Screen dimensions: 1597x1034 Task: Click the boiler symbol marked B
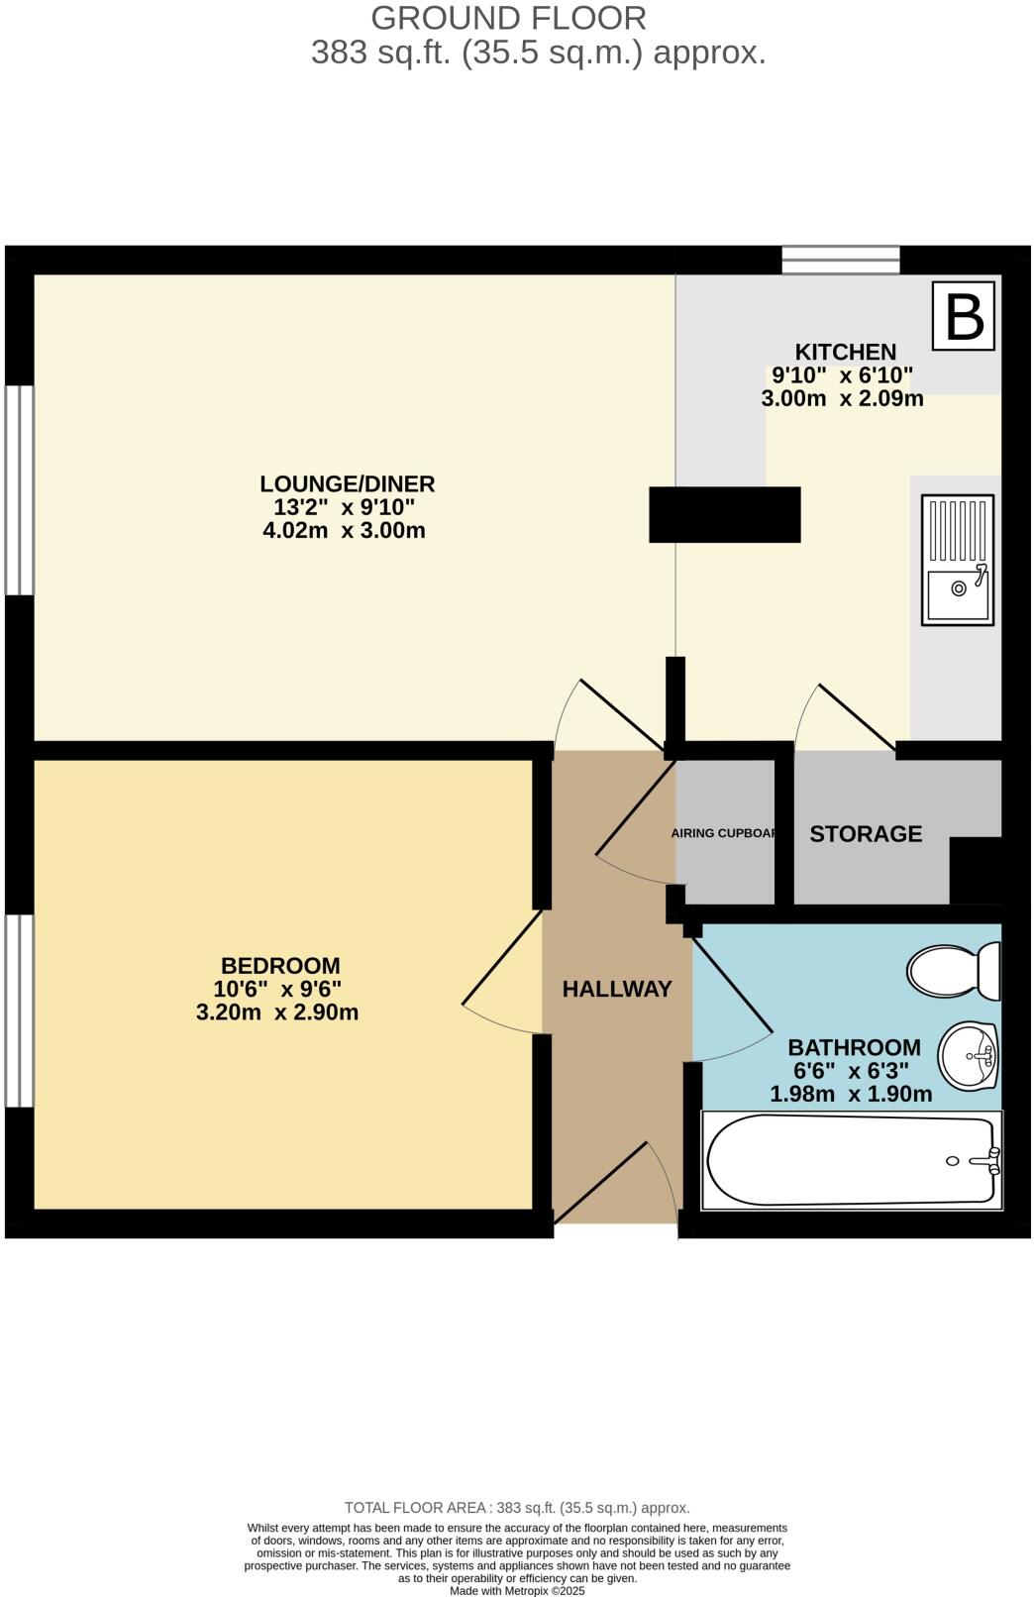964,316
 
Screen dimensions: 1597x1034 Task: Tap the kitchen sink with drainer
957,560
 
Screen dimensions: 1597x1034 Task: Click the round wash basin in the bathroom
968,1055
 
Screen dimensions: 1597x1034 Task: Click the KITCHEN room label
845,352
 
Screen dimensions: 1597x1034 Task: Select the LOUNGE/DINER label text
347,483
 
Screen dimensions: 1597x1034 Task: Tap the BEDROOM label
280,965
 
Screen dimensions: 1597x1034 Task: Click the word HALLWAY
617,989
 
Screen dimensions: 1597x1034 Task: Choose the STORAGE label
866,834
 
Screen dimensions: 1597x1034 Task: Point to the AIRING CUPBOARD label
725,833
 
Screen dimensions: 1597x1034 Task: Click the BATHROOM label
854,1047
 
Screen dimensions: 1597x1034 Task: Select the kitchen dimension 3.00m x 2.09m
842,399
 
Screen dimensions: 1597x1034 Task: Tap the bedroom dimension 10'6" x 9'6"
277,989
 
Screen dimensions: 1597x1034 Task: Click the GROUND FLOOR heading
508,18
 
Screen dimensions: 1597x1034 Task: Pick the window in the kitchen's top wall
841,260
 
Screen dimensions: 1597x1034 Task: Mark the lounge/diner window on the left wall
19,489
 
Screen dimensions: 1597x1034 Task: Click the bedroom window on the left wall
19,1010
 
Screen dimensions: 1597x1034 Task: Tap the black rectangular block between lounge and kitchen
724,514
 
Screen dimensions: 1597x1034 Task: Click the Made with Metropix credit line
517,1590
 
